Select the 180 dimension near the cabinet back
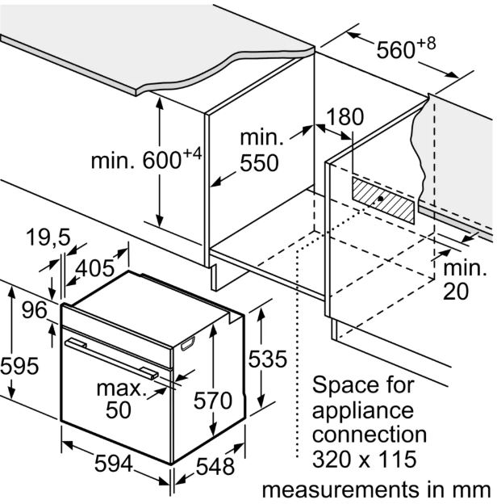click(346, 116)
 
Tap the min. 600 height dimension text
click(145, 160)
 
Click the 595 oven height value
click(19, 365)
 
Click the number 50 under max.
click(119, 410)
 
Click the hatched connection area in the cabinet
click(383, 199)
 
